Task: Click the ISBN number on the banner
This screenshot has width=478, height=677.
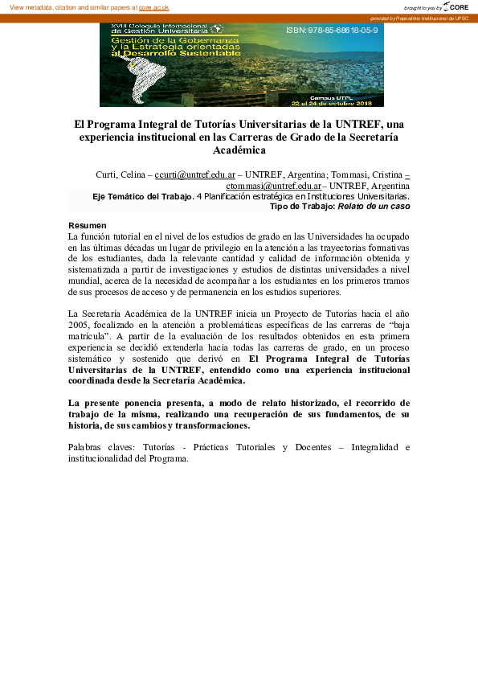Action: click(331, 30)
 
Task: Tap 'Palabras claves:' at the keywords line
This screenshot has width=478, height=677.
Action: click(101, 447)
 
